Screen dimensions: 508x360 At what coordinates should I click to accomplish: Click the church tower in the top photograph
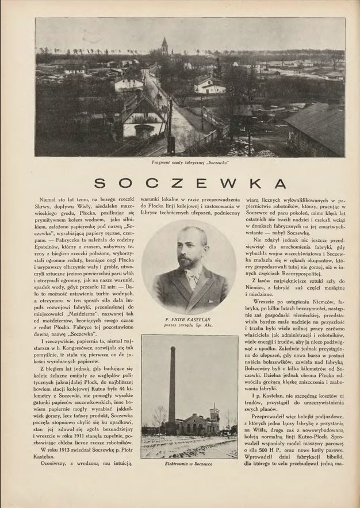coord(164,47)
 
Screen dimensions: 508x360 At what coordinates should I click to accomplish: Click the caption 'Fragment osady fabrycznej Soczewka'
coord(190,163)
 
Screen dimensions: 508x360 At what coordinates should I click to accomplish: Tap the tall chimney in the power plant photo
coord(171,385)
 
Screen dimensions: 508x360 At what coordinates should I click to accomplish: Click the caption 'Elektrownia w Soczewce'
coord(189,463)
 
